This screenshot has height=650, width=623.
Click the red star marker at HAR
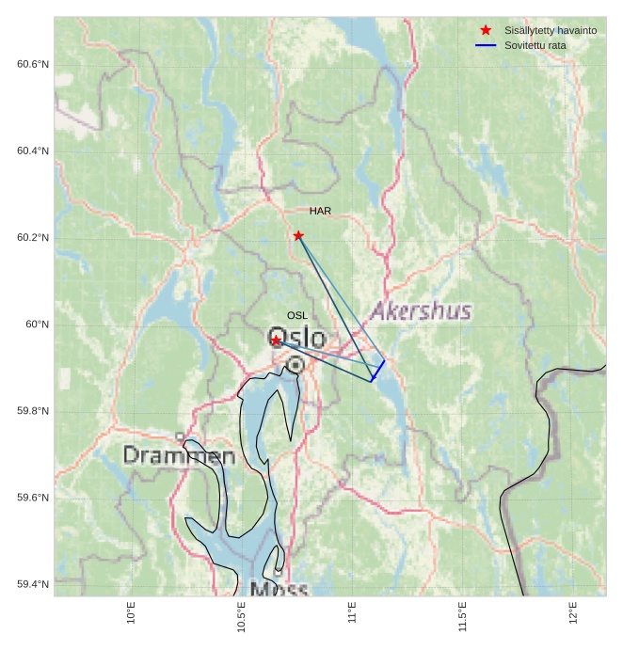298,235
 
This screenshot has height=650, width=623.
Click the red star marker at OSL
276,340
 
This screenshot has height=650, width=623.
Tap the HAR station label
320,211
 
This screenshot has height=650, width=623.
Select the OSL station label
297,315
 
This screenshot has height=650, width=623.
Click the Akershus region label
421,311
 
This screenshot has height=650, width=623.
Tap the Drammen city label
179,456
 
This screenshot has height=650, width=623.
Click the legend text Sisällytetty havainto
551,30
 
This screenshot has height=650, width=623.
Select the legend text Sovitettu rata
535,45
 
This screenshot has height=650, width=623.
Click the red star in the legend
486,30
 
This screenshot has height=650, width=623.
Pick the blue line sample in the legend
486,45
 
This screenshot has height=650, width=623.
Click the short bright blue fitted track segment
377,371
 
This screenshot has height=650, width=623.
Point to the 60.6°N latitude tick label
33,64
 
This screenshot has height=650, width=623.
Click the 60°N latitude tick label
38,325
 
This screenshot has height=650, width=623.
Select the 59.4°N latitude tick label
33,585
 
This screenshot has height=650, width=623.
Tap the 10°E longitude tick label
132,612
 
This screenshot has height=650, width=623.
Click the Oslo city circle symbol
296,364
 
